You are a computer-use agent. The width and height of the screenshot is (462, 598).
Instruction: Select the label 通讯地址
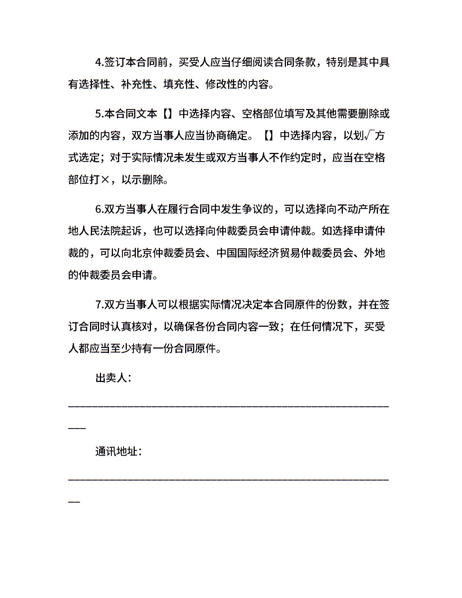pos(116,451)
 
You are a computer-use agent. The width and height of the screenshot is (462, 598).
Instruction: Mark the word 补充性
pos(137,84)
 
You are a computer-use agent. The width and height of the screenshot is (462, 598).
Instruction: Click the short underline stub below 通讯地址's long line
pos(74,502)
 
